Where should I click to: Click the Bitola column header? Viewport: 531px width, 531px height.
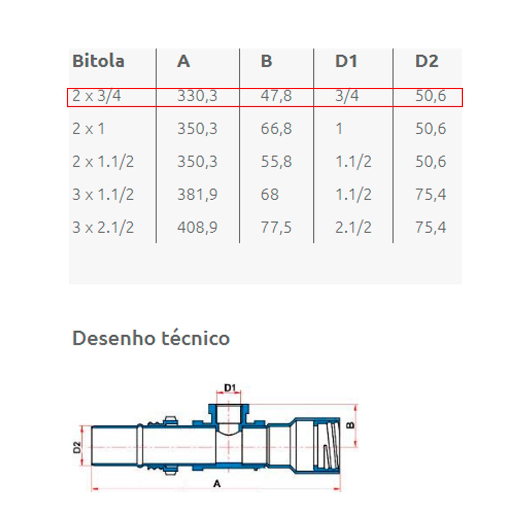98,61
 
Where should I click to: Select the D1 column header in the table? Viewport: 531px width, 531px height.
346,61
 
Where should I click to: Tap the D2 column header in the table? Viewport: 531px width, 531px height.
427,61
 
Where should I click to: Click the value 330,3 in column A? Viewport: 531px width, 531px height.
197,96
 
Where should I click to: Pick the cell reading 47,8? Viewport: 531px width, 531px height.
276,96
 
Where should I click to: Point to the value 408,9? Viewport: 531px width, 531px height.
197,227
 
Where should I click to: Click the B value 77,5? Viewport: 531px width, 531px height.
276,227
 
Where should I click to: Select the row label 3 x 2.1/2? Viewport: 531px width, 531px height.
103,227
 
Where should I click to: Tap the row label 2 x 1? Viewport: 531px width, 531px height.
88,129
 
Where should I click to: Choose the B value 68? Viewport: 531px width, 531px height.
270,194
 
